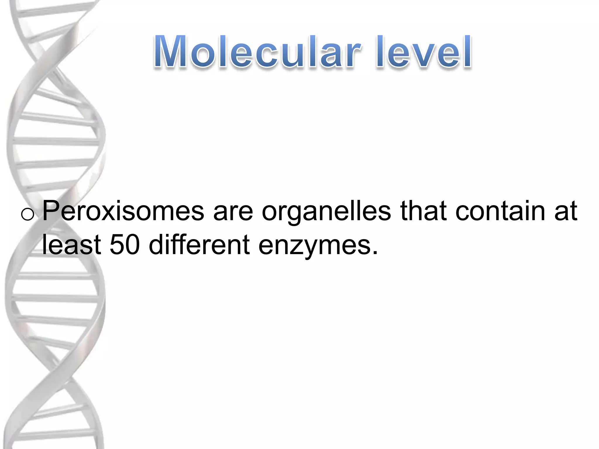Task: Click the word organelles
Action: pyautogui.click(x=326, y=211)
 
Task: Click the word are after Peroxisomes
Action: pyautogui.click(x=233, y=211)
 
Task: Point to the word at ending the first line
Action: pyautogui.click(x=566, y=211)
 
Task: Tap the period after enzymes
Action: pyautogui.click(x=375, y=252)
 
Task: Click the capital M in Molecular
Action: pyautogui.click(x=171, y=52)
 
